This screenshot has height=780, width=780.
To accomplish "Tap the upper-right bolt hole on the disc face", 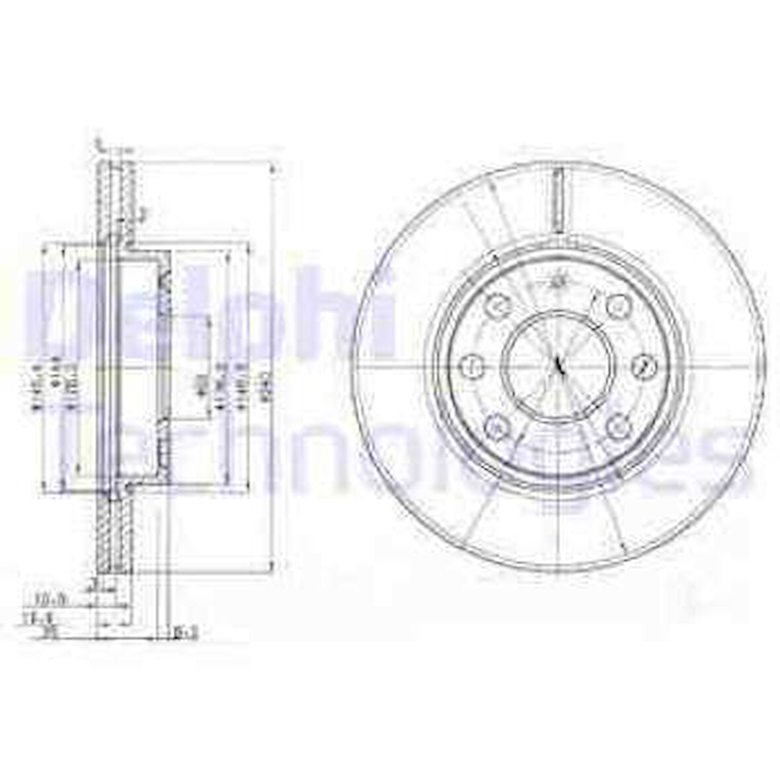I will tap(616, 305).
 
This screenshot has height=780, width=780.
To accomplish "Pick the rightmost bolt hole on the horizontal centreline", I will tap(642, 365).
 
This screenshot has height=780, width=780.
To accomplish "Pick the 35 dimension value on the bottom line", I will tap(47, 633).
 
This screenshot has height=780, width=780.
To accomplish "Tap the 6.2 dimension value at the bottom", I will tap(187, 633).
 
